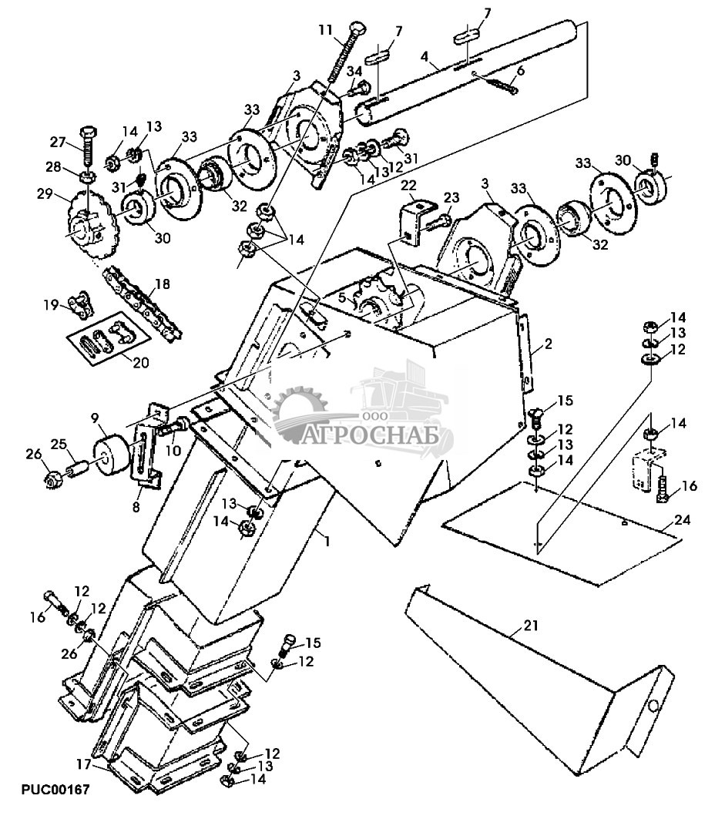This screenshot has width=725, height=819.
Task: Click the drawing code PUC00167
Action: (x=55, y=789)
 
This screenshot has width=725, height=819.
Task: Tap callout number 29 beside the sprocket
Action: (x=45, y=193)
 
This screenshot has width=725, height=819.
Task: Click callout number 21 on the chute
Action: (x=531, y=625)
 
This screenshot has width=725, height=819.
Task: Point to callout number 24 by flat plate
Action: (x=682, y=520)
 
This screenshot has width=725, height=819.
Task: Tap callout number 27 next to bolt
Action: (x=58, y=142)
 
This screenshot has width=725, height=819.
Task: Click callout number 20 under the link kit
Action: (x=141, y=361)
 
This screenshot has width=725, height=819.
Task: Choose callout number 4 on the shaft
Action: (x=424, y=55)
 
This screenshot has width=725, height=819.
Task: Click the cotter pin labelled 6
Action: (x=502, y=83)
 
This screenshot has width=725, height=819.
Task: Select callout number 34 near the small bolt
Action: (x=354, y=69)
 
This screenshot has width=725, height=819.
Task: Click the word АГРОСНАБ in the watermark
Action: (x=371, y=435)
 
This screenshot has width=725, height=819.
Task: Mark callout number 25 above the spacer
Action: (x=59, y=444)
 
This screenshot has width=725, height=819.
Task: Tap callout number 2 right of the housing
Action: (x=547, y=344)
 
